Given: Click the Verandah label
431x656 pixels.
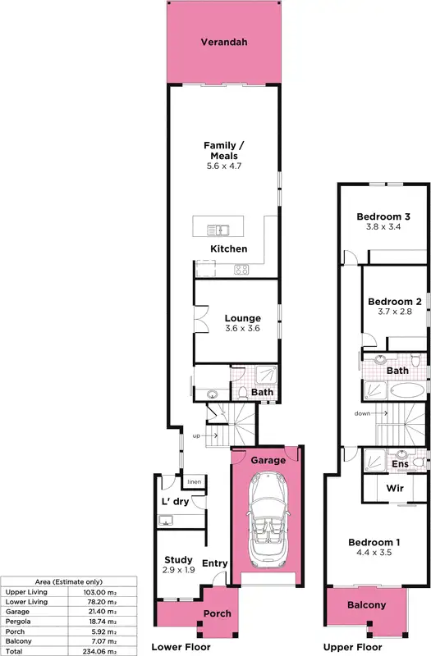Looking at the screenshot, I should pos(223,42).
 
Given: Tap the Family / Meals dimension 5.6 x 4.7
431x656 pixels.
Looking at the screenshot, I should pos(224,166).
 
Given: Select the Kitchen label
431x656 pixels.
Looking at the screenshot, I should pos(228,249).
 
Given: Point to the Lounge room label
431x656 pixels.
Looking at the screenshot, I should pos(242,318).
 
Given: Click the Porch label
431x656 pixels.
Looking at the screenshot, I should pos(217,613).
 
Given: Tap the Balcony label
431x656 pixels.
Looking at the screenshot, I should pos(366,605).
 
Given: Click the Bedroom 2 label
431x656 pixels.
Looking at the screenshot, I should pos(394,302).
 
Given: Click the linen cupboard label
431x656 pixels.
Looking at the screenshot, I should pos(194,481).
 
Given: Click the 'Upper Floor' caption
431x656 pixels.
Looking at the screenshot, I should pos(349,648).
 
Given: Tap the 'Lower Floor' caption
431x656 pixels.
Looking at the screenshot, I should pos(181,648).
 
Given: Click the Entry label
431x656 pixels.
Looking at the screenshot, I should pos(213,563).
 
